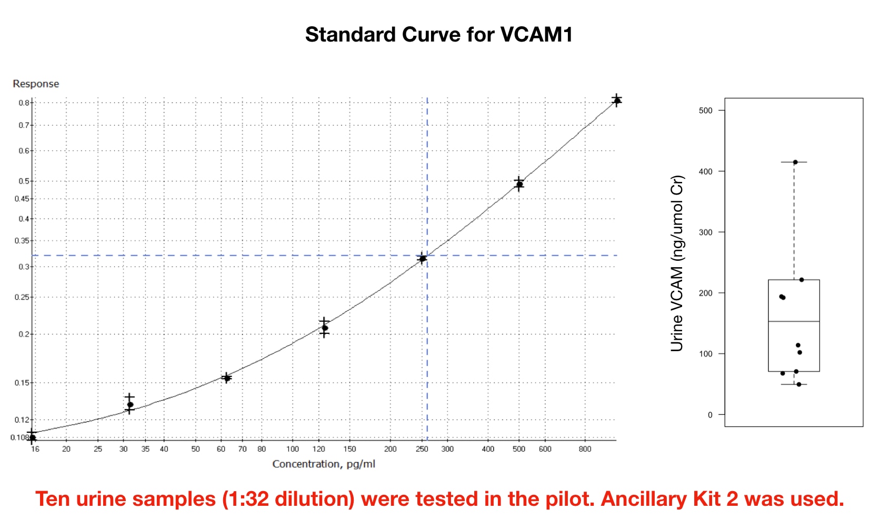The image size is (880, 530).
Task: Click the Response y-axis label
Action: [36, 84]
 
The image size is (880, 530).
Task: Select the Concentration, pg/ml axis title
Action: [324, 464]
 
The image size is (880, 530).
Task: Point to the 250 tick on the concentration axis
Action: [422, 449]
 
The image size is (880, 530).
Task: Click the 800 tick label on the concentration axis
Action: [585, 449]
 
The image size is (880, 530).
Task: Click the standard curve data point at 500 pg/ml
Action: [519, 185]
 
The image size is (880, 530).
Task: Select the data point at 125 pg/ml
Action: [325, 328]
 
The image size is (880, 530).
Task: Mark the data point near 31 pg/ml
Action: [130, 405]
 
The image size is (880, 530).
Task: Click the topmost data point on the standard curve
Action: [617, 100]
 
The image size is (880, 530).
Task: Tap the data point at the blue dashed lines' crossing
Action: [422, 259]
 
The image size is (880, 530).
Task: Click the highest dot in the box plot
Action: [795, 162]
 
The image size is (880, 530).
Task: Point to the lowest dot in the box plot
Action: [798, 384]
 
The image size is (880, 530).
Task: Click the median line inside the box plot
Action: [794, 321]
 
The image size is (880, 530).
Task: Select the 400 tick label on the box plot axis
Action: [705, 171]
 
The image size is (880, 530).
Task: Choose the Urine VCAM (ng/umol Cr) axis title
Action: [677, 263]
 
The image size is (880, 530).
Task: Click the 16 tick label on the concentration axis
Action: [35, 449]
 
